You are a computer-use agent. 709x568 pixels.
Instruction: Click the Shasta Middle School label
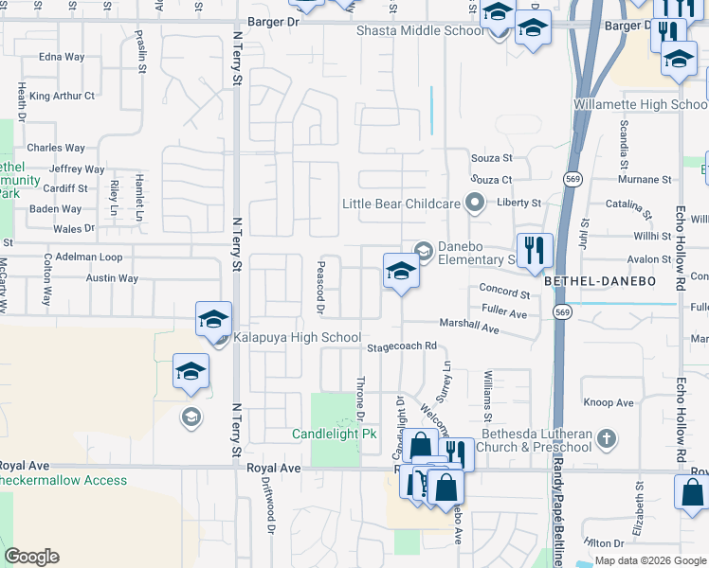coord(420,30)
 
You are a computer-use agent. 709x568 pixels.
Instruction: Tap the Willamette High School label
coord(640,104)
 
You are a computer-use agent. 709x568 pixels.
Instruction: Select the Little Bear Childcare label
coord(402,204)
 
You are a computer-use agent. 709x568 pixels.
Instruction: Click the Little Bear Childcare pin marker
coord(475,203)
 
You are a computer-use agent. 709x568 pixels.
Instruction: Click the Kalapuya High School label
coord(297,338)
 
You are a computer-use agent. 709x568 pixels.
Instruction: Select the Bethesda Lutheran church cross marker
coord(607,438)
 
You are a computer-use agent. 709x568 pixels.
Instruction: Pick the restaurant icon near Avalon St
coord(535,250)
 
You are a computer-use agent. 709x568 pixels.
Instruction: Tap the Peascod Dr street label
coord(320,287)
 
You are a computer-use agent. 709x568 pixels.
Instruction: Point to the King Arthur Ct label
coord(63,96)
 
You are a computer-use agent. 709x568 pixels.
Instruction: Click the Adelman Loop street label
coord(89,257)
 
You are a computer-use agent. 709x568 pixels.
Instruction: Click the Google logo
coord(31,557)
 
